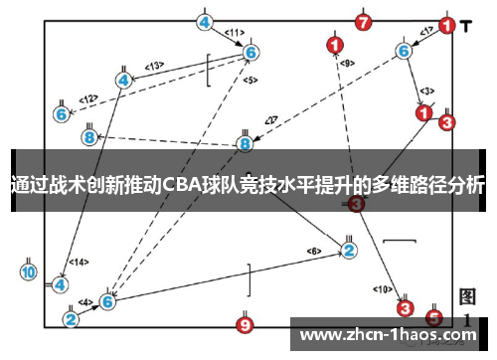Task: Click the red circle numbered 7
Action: pos(363,21)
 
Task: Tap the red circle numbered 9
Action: pos(247,324)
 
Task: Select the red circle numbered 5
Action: pos(433,318)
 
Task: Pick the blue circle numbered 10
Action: pos(28,271)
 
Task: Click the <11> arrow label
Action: pos(234,33)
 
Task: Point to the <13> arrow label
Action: pos(154,66)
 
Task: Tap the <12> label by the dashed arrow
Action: pos(89,98)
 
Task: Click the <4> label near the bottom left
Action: pos(85,301)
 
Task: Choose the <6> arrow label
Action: pos(314,251)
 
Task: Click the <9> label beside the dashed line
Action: pos(347,63)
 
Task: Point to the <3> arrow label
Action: pos(425,91)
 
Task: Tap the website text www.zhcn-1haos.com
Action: pos(387,335)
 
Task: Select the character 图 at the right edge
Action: pos(469,297)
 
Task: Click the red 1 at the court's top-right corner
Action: pos(447,26)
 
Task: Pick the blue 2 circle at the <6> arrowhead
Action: pos(349,250)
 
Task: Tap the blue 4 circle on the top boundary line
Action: pos(205,21)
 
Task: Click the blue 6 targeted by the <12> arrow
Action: pos(62,114)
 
